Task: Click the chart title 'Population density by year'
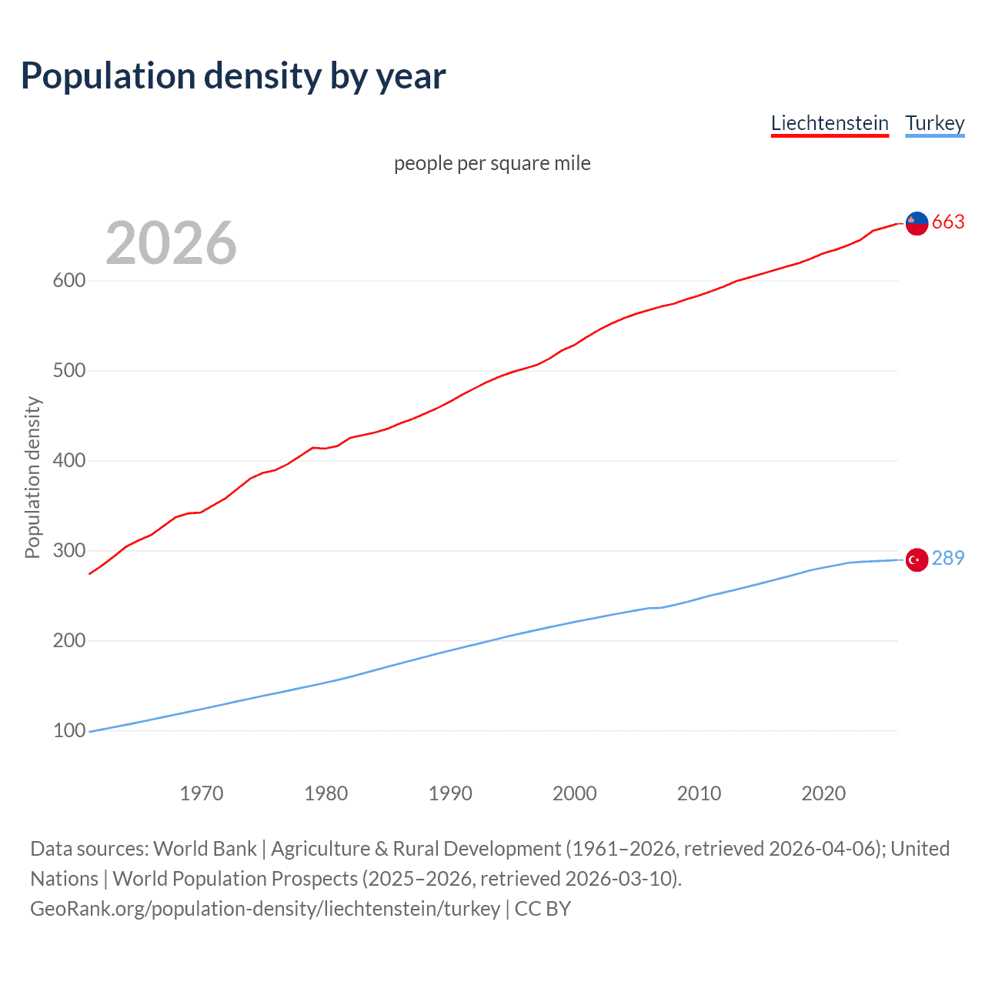[233, 76]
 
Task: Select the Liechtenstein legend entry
[830, 123]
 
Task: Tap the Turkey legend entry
[935, 123]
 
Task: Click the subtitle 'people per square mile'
[492, 163]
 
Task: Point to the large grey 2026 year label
[171, 242]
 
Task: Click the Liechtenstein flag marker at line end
[917, 223]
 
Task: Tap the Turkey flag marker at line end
[917, 559]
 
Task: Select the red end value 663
[948, 222]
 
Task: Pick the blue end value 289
[948, 558]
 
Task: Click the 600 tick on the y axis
[68, 280]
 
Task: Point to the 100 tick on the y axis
[68, 730]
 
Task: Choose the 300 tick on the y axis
[68, 550]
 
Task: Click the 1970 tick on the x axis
[202, 793]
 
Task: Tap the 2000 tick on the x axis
[575, 793]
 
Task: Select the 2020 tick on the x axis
[823, 793]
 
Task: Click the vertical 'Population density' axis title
[32, 477]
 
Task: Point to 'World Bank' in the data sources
[205, 849]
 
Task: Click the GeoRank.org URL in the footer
[265, 909]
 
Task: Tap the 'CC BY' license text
[543, 909]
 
